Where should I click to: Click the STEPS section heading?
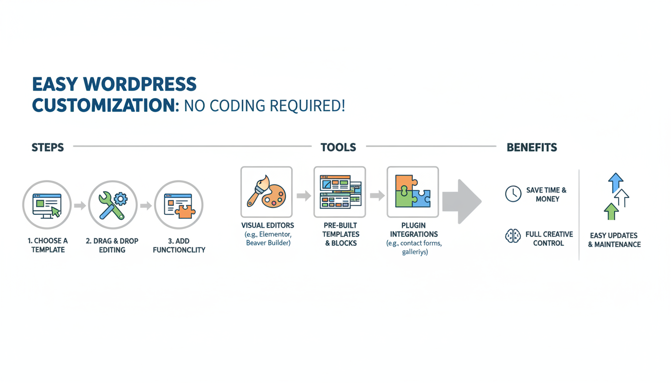tap(47, 148)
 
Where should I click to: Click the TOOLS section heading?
tap(338, 148)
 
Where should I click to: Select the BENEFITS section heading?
tap(532, 148)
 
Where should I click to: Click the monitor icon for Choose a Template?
tap(46, 205)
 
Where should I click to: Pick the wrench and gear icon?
tap(112, 205)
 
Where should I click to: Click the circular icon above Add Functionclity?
tap(178, 205)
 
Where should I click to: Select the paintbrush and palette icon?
tap(267, 192)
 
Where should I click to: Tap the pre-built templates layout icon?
tap(340, 192)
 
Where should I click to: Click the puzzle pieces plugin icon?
tap(412, 192)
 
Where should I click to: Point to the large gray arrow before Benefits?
tap(462, 201)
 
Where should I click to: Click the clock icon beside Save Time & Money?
tap(513, 194)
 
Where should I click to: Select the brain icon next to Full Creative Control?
tap(513, 236)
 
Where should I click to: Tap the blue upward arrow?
tap(616, 182)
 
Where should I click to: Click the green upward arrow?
tap(611, 211)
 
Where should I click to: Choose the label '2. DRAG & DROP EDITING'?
tap(112, 245)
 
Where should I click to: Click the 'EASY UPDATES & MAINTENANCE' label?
tap(614, 240)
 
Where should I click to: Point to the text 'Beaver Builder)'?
tap(268, 243)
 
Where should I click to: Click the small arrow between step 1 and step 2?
tap(79, 205)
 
